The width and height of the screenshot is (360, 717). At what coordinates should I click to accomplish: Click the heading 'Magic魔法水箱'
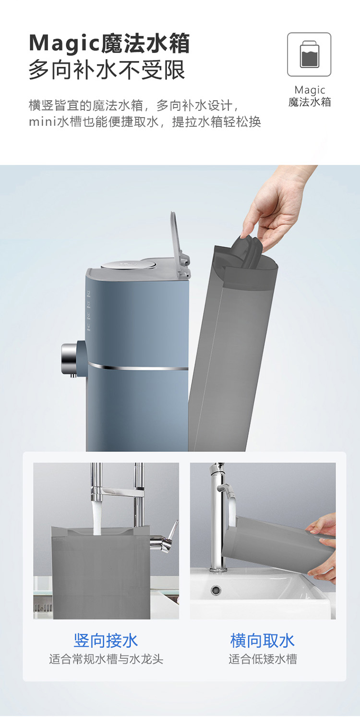[109, 43]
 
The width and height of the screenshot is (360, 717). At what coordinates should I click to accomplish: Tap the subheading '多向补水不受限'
[107, 70]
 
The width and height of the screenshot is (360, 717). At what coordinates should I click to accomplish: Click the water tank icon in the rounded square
[309, 54]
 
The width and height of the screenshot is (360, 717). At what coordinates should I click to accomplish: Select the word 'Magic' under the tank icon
[310, 90]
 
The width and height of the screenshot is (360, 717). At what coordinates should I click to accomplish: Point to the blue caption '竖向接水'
[106, 641]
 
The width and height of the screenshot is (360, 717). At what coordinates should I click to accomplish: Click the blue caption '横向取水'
[263, 641]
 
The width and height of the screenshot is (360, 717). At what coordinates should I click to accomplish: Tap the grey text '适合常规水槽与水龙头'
[106, 659]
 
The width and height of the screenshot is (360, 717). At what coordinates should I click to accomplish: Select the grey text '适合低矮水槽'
[263, 659]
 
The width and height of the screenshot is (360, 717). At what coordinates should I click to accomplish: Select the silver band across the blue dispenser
[138, 367]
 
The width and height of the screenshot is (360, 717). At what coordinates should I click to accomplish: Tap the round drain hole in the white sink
[216, 589]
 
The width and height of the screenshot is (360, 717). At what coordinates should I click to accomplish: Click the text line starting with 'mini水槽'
[145, 122]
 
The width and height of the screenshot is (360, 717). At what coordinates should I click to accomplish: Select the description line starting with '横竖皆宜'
[134, 105]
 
